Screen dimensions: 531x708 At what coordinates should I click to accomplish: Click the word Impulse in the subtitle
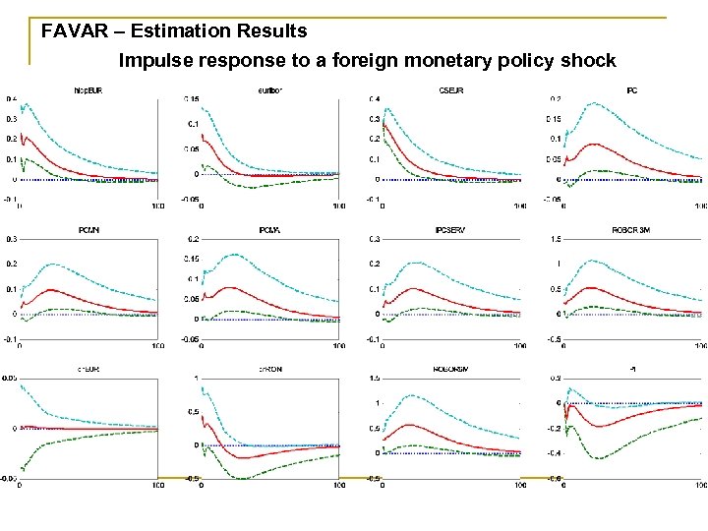(155, 61)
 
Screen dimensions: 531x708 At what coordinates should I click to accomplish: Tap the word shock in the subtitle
(589, 61)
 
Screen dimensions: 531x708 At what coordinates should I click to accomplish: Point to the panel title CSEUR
(448, 91)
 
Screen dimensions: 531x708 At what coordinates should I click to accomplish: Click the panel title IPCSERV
(448, 230)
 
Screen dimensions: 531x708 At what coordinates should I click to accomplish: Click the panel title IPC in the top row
(631, 91)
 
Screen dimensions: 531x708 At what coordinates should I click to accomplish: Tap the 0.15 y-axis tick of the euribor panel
(193, 99)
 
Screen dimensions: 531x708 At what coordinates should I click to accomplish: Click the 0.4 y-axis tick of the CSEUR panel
(375, 99)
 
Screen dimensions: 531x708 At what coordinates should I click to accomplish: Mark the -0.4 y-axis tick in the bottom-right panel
(556, 453)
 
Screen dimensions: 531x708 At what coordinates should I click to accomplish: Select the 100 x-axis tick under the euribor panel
(337, 206)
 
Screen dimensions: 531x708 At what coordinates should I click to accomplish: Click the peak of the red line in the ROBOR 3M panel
(592, 288)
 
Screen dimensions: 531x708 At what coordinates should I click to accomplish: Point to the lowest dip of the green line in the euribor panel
(253, 187)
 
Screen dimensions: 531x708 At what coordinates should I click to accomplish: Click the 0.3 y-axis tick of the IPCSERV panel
(375, 238)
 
